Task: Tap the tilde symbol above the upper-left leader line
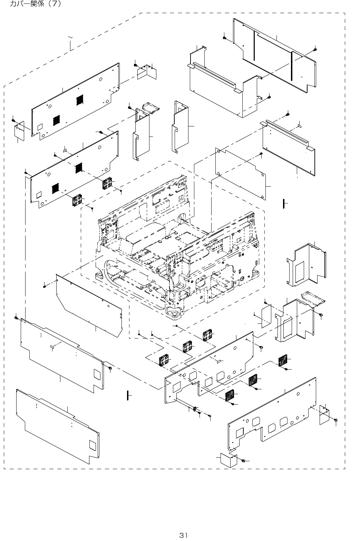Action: coord(70,37)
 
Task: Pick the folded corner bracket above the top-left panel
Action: coord(147,73)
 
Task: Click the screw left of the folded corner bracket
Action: coord(136,65)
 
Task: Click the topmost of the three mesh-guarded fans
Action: coord(283,360)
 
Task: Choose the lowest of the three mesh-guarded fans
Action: coord(230,396)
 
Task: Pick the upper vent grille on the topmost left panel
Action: coord(80,99)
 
